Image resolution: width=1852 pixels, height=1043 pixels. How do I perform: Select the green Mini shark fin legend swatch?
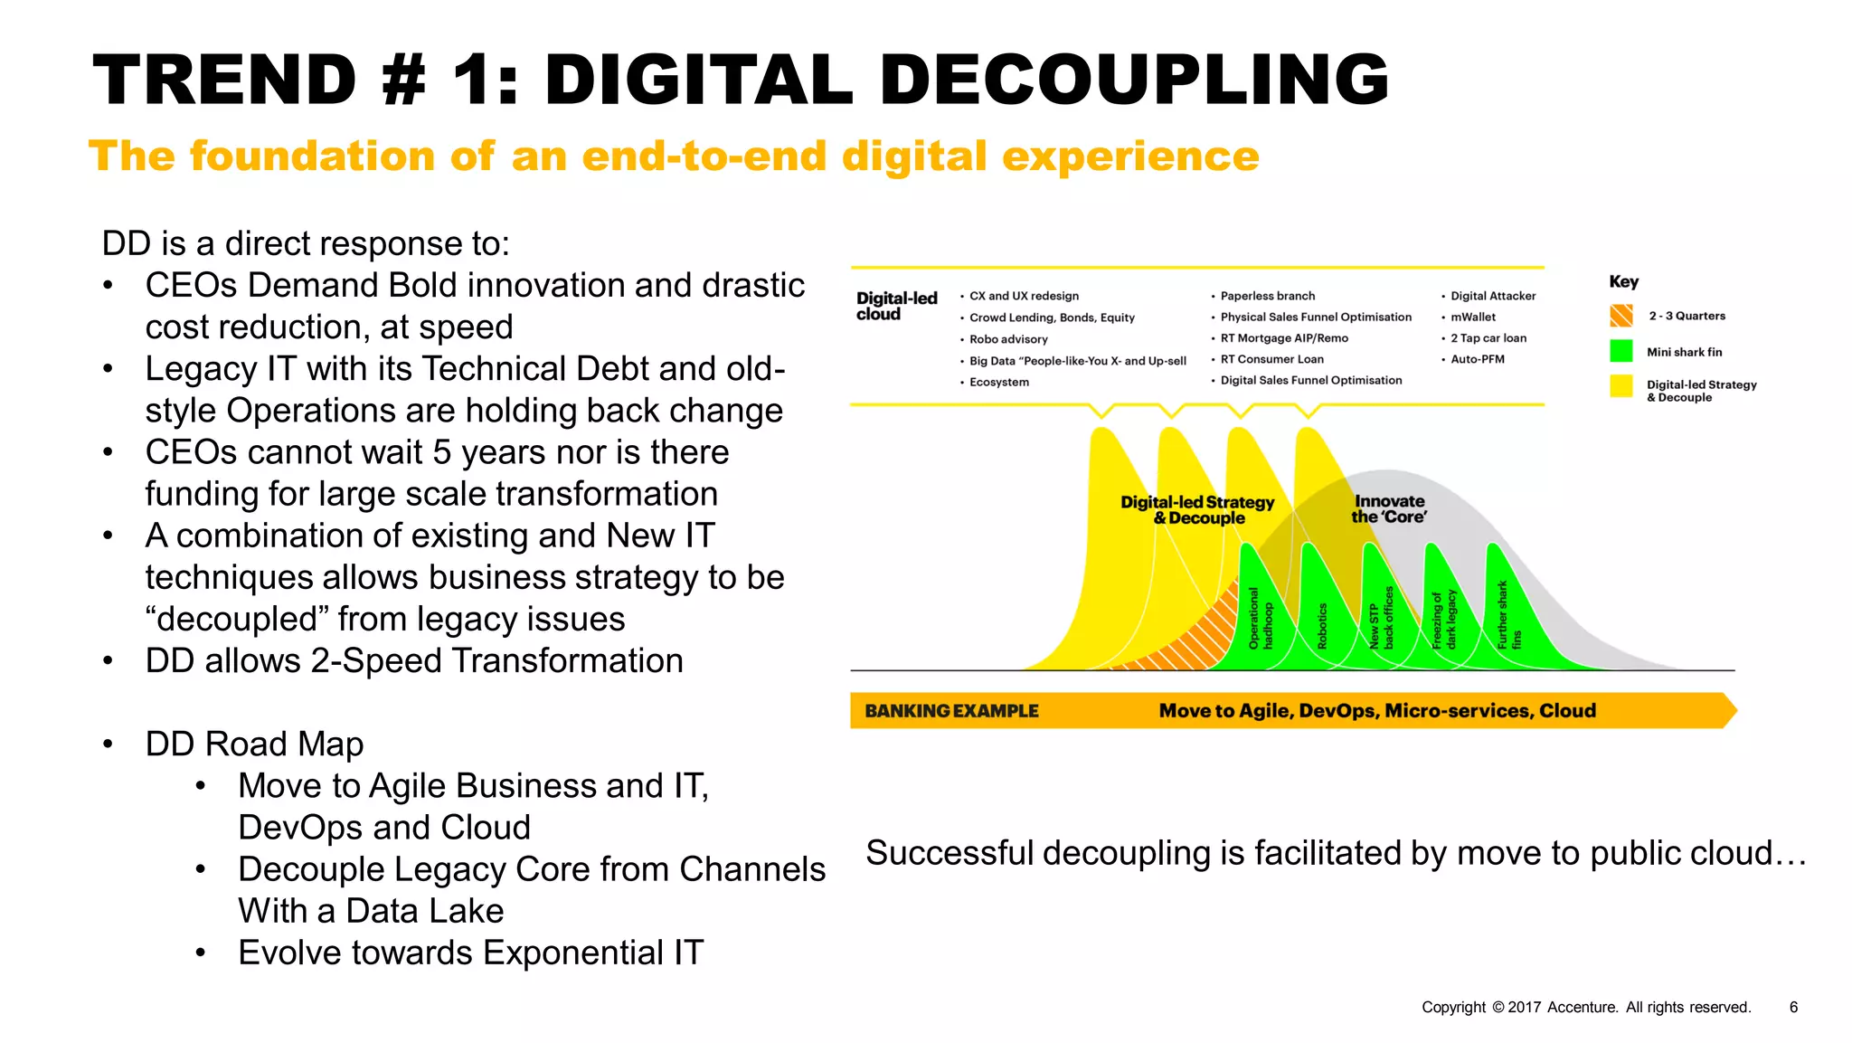pyautogui.click(x=1621, y=351)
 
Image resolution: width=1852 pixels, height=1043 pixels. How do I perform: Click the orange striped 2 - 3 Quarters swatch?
pyautogui.click(x=1621, y=316)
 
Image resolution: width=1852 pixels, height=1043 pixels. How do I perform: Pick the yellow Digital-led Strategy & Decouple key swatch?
pyautogui.click(x=1621, y=386)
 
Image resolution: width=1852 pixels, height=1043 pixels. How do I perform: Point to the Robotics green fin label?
pyautogui.click(x=1322, y=626)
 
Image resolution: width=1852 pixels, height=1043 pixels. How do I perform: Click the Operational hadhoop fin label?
pyautogui.click(x=1261, y=619)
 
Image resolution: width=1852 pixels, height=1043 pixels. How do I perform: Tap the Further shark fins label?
pyautogui.click(x=1509, y=615)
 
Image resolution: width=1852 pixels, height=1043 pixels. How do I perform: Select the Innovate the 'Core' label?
pyautogui.click(x=1389, y=508)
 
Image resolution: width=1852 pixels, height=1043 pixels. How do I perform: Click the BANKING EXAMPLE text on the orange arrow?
pyautogui.click(x=951, y=711)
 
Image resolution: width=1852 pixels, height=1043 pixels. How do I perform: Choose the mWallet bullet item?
pyautogui.click(x=1473, y=317)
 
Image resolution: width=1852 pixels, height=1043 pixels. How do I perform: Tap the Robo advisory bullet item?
pyautogui.click(x=1008, y=339)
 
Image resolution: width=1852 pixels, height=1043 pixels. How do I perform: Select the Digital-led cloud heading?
pyautogui.click(x=896, y=306)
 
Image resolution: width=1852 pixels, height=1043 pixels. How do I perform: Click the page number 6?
pyautogui.click(x=1793, y=1007)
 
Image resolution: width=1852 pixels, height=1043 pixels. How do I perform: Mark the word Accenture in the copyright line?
pyautogui.click(x=1582, y=1007)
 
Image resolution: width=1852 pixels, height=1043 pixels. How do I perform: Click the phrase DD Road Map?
pyautogui.click(x=254, y=744)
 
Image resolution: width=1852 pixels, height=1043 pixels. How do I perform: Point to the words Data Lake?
pyautogui.click(x=424, y=910)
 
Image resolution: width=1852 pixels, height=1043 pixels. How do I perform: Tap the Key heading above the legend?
pyautogui.click(x=1623, y=281)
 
